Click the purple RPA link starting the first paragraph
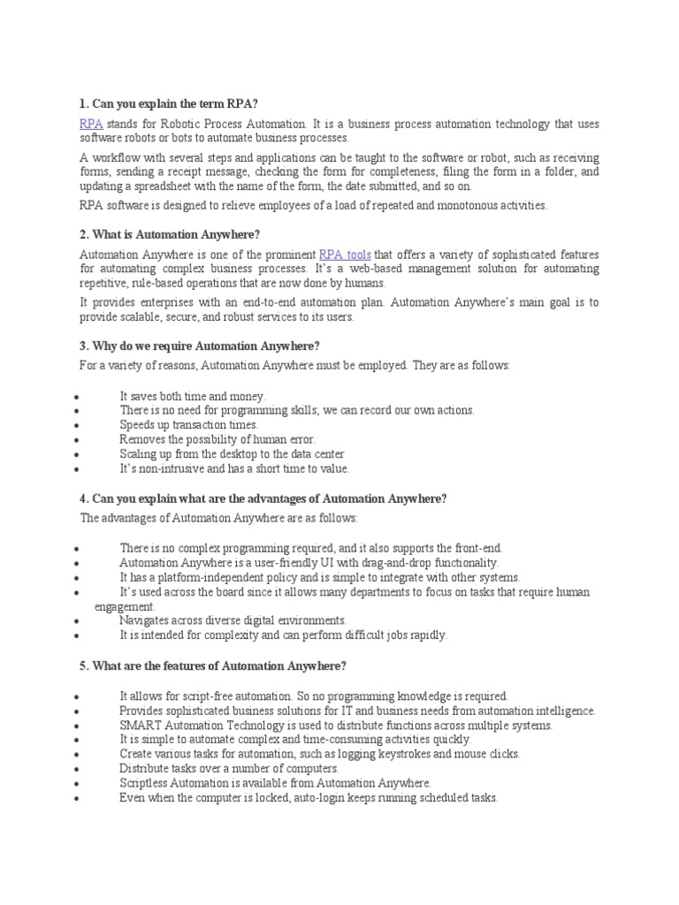click(x=91, y=125)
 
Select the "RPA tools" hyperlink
click(x=345, y=254)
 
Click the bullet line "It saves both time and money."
click(x=192, y=396)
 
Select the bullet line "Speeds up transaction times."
click(x=189, y=424)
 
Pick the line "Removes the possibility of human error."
click(x=217, y=438)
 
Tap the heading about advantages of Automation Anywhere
click(x=263, y=498)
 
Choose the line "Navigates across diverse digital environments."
click(x=233, y=620)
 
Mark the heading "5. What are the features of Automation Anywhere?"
click(x=213, y=665)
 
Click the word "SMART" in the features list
click(x=138, y=726)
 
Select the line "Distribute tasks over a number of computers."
click(x=229, y=768)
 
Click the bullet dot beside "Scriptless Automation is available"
click(x=79, y=783)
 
